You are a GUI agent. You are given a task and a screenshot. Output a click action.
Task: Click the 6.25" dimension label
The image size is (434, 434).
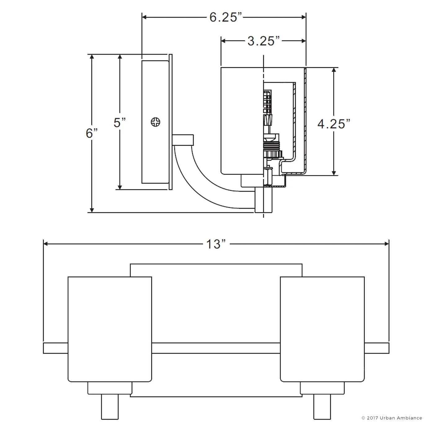tap(226, 17)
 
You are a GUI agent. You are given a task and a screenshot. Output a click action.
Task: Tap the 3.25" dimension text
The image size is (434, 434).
tap(263, 41)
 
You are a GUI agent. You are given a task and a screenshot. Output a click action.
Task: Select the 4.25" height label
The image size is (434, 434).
tap(334, 124)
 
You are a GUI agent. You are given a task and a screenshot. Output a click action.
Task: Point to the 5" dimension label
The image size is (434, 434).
tap(120, 123)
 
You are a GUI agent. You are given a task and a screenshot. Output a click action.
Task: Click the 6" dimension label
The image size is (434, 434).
tap(92, 133)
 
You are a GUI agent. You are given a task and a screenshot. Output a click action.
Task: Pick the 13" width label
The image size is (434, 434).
tap(216, 244)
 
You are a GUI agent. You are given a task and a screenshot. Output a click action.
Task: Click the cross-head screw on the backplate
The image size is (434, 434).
tap(155, 122)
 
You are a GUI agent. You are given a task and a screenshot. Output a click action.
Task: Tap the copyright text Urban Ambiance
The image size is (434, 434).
tap(401, 418)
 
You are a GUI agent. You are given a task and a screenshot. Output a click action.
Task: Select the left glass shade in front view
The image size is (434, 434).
tap(110, 329)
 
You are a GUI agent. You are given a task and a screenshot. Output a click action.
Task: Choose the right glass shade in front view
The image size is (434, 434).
tap(322, 329)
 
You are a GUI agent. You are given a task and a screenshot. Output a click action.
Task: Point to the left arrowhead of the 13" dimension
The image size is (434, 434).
tap(45, 244)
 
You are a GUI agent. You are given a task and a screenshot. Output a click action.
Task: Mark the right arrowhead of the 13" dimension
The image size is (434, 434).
tap(387, 244)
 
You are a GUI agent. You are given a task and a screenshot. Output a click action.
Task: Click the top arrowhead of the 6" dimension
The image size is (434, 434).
tap(92, 56)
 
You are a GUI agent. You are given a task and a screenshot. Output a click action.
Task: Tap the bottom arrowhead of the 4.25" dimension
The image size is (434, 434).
tap(334, 173)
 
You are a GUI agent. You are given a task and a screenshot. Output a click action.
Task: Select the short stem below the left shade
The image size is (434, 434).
tap(110, 407)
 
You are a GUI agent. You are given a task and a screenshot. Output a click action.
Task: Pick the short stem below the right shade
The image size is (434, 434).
tap(322, 407)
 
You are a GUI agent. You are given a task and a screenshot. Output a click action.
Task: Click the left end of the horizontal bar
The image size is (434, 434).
tap(43, 348)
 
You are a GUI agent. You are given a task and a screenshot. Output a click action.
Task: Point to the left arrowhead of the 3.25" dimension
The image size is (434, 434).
tap(224, 41)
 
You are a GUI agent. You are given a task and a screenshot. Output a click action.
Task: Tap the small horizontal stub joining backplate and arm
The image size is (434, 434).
tap(183, 140)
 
